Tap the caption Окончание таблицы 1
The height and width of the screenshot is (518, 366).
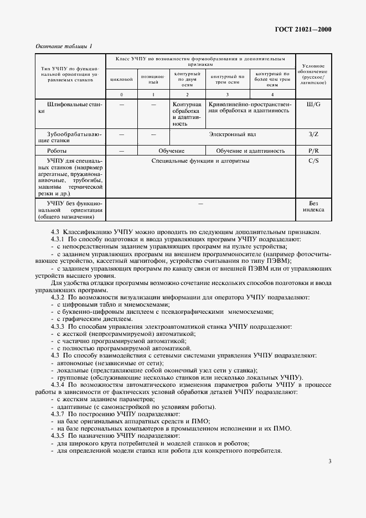pos(64,46)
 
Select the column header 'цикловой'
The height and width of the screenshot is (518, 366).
pos(121,79)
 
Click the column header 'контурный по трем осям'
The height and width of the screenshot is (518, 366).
pos(228,79)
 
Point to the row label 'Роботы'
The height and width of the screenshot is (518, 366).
pos(58,150)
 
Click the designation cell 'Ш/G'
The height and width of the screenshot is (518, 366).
pos(313,104)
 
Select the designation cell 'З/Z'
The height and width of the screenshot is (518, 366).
pos(313,134)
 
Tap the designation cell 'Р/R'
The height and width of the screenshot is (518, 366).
pos(313,150)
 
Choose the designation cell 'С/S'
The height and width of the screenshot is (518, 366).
pos(313,160)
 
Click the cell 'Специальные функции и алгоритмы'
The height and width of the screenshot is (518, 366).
pos(200,160)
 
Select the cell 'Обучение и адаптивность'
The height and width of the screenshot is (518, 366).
pos(250,150)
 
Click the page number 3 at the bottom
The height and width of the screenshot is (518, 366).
pos(329,461)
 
